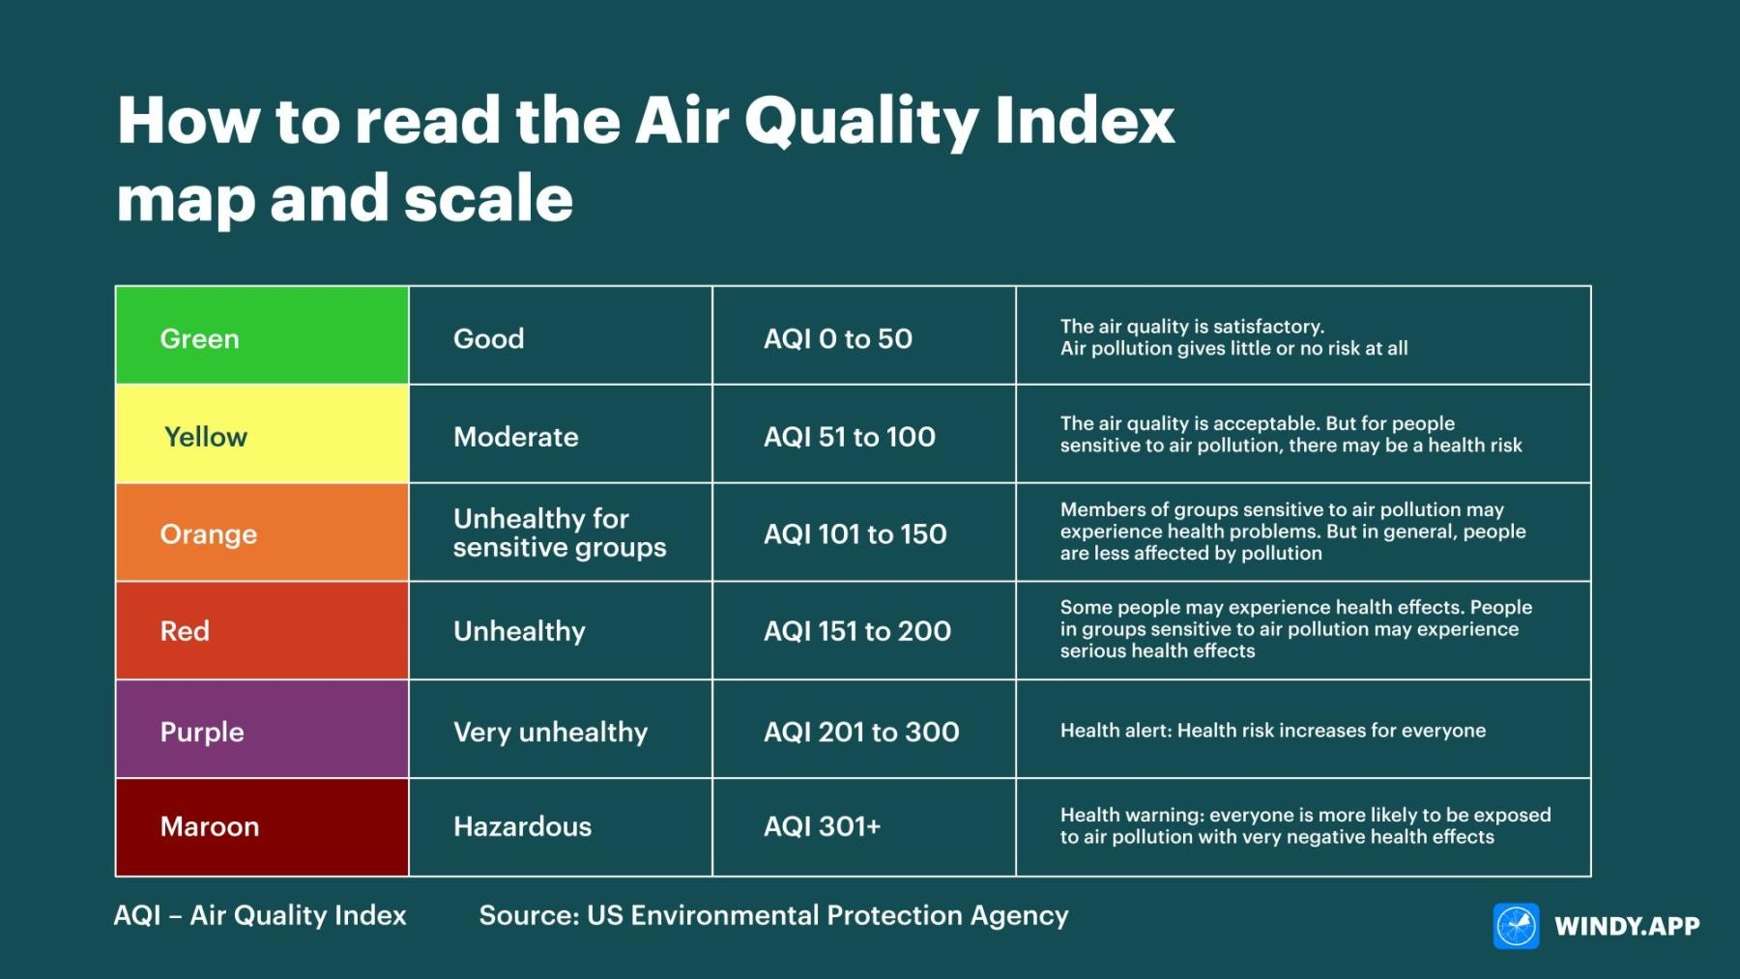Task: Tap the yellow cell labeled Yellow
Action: [261, 435]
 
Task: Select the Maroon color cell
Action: [261, 827]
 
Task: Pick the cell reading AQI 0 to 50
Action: [837, 339]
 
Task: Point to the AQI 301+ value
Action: [822, 827]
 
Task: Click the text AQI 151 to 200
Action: [856, 632]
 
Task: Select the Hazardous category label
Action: [522, 827]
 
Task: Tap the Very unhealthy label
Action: [550, 732]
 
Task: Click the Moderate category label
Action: [515, 437]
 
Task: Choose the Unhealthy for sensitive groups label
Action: [559, 533]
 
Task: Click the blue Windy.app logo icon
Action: [1516, 927]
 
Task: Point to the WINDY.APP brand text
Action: [1627, 927]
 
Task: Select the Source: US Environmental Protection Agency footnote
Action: [773, 915]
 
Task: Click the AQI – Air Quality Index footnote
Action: [260, 915]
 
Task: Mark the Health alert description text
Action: [1272, 731]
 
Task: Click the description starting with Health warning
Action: [1304, 826]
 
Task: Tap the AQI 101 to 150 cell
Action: [855, 534]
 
